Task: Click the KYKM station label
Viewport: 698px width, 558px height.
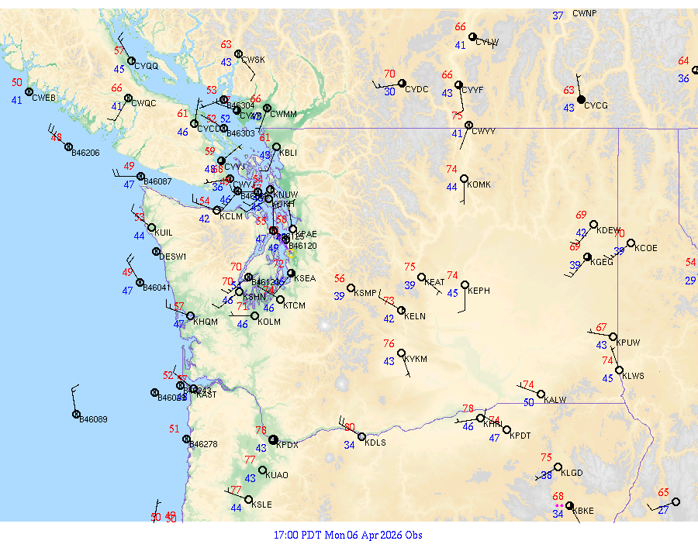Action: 416,360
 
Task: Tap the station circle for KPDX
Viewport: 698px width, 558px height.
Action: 273,439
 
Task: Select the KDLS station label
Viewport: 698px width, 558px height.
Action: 375,443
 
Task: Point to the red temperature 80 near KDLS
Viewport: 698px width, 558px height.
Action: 350,427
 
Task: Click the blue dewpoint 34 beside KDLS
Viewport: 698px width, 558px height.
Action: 350,445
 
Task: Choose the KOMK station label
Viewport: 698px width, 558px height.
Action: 480,184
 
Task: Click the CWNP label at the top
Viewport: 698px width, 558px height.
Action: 585,14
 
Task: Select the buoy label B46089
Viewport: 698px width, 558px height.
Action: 94,419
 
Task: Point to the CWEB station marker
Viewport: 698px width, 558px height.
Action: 29,91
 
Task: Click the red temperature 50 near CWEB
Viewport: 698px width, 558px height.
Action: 17,82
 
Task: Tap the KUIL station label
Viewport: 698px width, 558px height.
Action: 164,232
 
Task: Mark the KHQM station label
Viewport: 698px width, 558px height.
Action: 206,322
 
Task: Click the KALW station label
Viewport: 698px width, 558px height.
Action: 555,400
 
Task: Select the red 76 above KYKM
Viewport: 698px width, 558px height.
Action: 389,344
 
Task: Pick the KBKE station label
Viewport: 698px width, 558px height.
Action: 585,511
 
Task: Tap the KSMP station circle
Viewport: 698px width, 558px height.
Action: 351,288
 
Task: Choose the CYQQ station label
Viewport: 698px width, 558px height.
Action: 146,67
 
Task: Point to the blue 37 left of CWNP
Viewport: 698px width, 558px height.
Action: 558,15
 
